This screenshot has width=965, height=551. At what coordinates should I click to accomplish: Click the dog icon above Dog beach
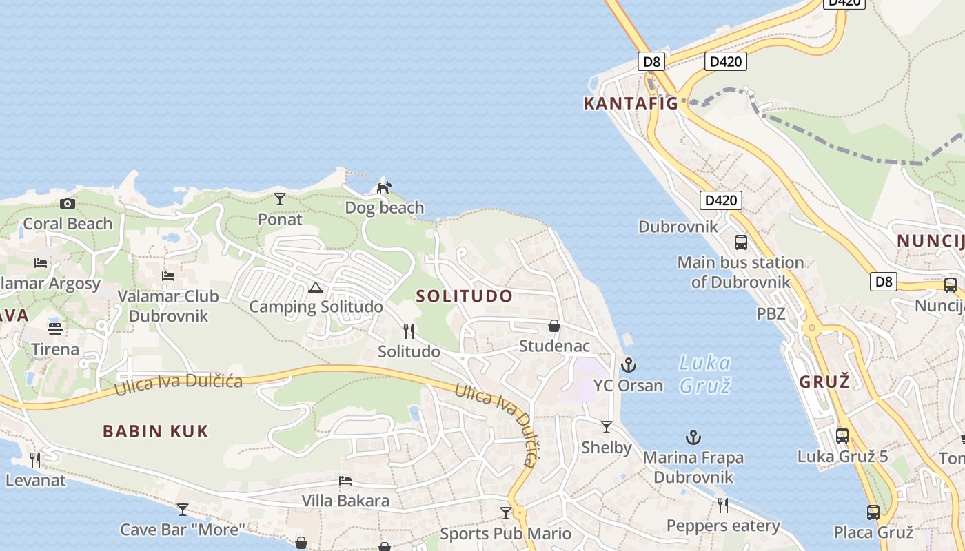pyautogui.click(x=384, y=187)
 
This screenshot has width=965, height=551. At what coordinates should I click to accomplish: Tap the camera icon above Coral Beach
pyautogui.click(x=67, y=203)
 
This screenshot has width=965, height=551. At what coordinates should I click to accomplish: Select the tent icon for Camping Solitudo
pyautogui.click(x=315, y=287)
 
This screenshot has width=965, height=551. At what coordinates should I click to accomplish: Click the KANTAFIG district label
pyautogui.click(x=631, y=104)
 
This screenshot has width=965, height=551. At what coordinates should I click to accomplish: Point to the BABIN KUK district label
pyautogui.click(x=155, y=432)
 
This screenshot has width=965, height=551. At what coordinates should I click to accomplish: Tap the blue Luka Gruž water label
pyautogui.click(x=704, y=374)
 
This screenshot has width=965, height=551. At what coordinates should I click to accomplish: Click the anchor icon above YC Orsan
pyautogui.click(x=628, y=365)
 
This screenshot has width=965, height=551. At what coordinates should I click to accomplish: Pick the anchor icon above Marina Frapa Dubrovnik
pyautogui.click(x=693, y=437)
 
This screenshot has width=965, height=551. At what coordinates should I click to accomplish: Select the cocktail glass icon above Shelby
pyautogui.click(x=607, y=427)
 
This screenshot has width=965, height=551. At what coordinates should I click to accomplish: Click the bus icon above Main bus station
pyautogui.click(x=741, y=242)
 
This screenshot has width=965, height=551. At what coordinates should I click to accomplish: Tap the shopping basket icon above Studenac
pyautogui.click(x=553, y=326)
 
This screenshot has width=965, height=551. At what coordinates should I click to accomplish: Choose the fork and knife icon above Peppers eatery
pyautogui.click(x=722, y=506)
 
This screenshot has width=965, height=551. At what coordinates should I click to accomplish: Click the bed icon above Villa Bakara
pyautogui.click(x=345, y=481)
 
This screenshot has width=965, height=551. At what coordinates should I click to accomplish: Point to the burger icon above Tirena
pyautogui.click(x=55, y=329)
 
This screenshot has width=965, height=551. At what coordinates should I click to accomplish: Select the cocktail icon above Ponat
pyautogui.click(x=279, y=199)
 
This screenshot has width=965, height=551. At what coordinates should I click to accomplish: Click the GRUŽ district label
pyautogui.click(x=824, y=382)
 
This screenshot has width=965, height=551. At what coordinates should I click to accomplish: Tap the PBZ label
pyautogui.click(x=771, y=314)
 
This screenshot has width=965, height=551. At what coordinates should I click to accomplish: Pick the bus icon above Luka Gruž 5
pyautogui.click(x=842, y=435)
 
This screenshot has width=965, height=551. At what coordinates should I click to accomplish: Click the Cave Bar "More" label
pyautogui.click(x=183, y=530)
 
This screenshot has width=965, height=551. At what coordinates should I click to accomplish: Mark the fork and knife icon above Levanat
pyautogui.click(x=35, y=459)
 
